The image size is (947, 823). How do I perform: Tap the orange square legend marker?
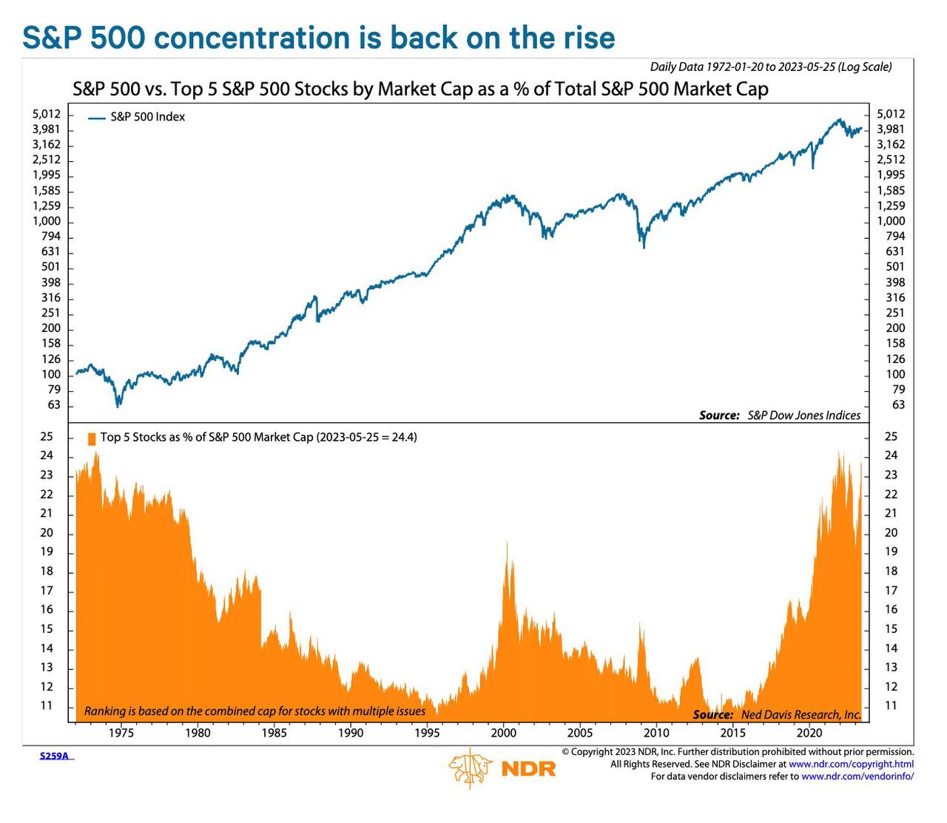[92, 438]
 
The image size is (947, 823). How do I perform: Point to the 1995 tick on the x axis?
[427, 733]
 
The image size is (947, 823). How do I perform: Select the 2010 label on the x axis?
[656, 733]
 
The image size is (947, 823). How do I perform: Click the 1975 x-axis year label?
[121, 733]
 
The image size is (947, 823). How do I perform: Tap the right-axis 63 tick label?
[898, 404]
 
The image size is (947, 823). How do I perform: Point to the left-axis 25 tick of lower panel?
[47, 436]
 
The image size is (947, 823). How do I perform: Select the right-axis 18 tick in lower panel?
[891, 571]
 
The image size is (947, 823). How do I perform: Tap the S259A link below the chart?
[55, 756]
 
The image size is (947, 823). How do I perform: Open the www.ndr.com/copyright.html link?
[851, 764]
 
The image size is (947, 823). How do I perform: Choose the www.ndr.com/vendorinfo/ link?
[857, 776]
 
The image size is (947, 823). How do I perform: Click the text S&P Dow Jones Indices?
[803, 416]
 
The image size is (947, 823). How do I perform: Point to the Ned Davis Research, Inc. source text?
[801, 714]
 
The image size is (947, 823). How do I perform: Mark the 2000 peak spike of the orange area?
[507, 543]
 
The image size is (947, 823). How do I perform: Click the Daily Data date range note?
[770, 67]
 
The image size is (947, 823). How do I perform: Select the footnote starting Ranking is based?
[255, 711]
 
